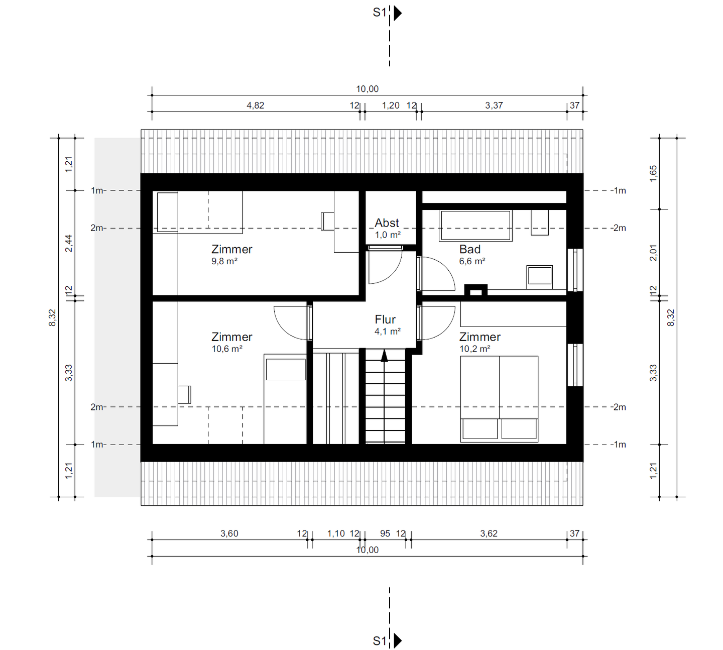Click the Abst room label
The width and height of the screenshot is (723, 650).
387,223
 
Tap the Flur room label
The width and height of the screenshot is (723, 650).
385,319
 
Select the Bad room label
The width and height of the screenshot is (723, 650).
469,249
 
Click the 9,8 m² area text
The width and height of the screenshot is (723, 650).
224,261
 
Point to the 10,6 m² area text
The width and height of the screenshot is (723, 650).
227,349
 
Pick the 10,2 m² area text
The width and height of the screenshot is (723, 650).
474,349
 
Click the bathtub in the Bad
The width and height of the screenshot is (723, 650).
475,226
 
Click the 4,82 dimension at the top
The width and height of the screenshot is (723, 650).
255,105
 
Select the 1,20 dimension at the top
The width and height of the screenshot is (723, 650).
391,105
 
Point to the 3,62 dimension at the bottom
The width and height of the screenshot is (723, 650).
489,533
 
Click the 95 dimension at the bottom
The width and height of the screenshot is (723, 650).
385,533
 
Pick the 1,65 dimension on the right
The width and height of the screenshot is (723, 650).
653,174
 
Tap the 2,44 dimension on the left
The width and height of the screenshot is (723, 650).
69,243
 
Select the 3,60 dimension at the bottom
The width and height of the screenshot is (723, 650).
229,533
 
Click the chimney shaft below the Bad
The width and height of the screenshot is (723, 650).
475,290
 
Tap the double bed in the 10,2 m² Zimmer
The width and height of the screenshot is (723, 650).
499,399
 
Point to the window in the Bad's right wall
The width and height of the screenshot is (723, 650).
575,270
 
